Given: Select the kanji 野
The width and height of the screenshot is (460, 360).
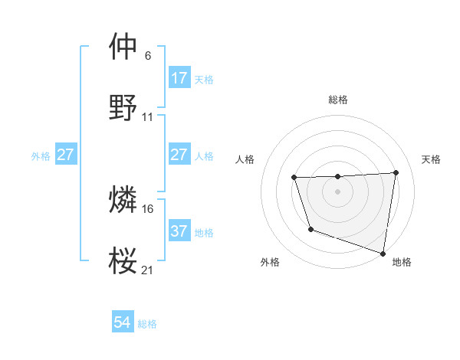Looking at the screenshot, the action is [123, 107].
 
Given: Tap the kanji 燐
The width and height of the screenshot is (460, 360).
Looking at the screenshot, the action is [123, 200].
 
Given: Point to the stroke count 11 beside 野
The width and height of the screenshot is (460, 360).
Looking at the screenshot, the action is [148, 117].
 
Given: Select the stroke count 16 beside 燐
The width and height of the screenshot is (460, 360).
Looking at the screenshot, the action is [148, 208].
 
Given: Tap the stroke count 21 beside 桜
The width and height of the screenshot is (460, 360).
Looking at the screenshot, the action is [148, 270].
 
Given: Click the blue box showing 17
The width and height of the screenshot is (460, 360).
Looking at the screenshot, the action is [179, 78].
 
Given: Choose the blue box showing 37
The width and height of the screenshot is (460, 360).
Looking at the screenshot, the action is [179, 231].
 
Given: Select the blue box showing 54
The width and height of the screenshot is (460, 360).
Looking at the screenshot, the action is [122, 323].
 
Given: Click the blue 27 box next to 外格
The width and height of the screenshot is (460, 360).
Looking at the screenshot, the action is [65, 155].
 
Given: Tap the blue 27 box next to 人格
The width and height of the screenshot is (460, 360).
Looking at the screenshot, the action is [179, 155].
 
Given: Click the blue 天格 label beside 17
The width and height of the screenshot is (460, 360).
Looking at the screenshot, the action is [204, 79].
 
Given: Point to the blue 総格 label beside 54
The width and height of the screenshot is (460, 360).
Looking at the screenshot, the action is [147, 324].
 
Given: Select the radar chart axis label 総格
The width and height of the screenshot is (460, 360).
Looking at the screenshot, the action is [338, 100].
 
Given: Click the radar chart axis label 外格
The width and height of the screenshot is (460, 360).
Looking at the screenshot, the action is [269, 263].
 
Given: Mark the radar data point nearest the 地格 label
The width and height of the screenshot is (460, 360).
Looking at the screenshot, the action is [384, 251].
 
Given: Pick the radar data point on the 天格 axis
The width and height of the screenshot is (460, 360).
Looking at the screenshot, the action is [396, 173].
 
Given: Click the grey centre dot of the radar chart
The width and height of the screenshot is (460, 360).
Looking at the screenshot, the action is [337, 191].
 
